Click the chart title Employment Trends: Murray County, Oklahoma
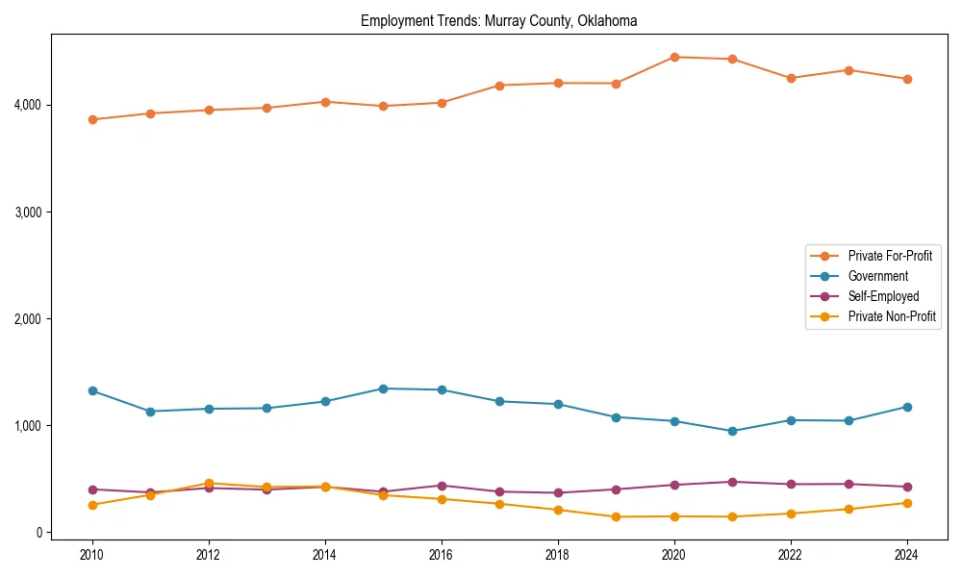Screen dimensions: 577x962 coord(498,20)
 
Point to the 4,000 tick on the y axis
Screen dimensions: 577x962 coord(26,105)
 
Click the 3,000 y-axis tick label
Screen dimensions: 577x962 coord(26,212)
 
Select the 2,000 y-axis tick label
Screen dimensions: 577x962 coord(26,318)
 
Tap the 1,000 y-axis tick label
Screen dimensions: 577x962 coord(26,425)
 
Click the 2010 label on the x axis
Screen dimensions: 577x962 coord(92,555)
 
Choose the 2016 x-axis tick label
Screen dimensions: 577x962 coord(442,555)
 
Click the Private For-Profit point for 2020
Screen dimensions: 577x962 coord(674,57)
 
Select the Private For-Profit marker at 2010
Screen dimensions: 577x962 coord(92,119)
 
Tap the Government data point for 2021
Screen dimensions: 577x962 coord(732,431)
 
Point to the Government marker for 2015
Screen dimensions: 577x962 coord(383,389)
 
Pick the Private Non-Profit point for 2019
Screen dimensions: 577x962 coord(616,516)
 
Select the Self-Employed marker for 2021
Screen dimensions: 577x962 coord(732,482)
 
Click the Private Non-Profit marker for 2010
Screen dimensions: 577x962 coord(92,505)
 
